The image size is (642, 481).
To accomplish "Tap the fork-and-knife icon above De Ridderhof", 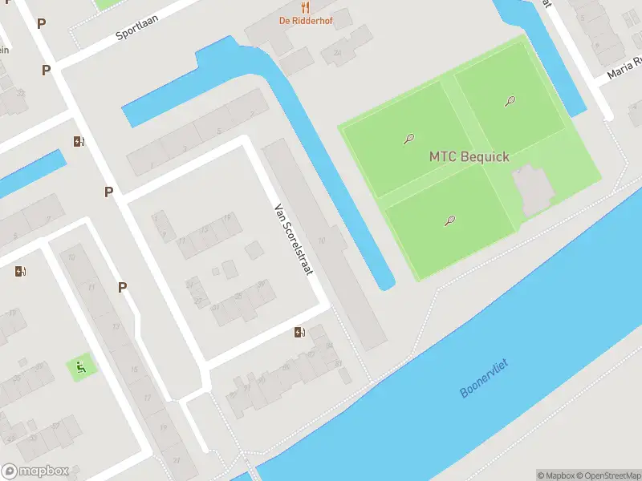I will (305, 7).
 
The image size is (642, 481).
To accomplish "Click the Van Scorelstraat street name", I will (292, 238).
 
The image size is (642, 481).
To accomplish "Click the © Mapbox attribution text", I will (555, 475).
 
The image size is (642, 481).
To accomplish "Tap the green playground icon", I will (81, 368).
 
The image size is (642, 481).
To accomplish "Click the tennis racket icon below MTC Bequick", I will (449, 220).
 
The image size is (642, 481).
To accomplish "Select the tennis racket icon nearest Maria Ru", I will (510, 102).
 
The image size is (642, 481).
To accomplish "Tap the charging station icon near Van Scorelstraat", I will (300, 332).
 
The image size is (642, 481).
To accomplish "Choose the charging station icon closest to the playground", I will (20, 271).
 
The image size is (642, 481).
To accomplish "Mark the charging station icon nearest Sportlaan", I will (79, 142).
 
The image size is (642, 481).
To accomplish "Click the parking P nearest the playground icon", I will (123, 287).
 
